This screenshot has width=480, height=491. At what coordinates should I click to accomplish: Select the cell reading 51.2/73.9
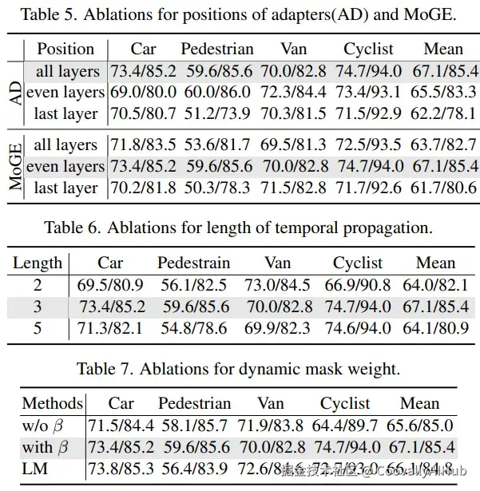pos(215,114)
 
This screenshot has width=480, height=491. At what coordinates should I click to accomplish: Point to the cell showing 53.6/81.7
pos(215,145)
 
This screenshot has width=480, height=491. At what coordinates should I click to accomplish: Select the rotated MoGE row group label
pos(13,166)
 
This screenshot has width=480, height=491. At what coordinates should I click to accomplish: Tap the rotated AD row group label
pos(13,93)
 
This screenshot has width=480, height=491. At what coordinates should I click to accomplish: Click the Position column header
pos(65,49)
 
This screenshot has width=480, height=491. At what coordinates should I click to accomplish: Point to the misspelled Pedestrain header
pos(193,263)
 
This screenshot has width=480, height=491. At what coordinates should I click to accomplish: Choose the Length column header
pos(38,263)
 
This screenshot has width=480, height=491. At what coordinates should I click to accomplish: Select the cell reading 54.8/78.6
pos(194,327)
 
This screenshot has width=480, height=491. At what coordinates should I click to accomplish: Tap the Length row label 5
pos(38,327)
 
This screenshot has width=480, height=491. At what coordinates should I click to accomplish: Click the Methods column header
pos(52,403)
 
